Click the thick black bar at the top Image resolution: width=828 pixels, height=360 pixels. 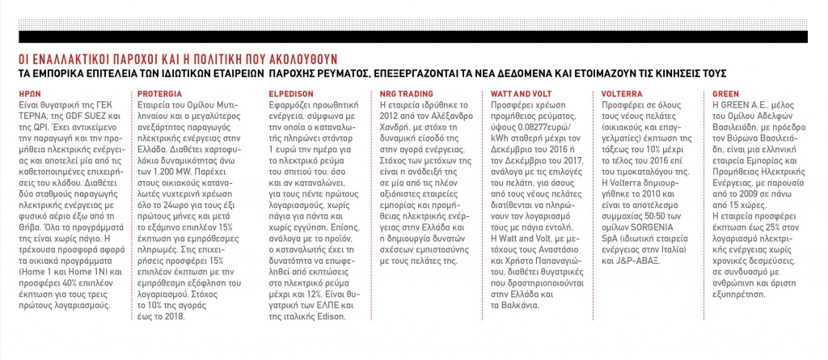(414, 36)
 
